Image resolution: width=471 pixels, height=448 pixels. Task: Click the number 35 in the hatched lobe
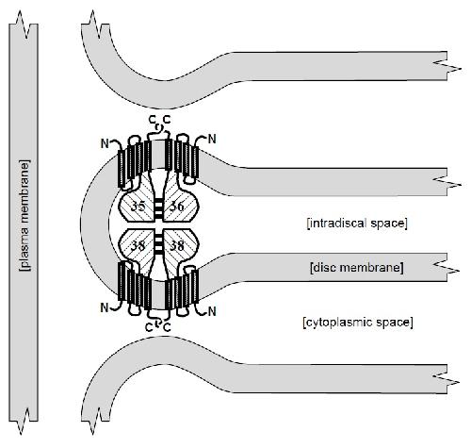138,207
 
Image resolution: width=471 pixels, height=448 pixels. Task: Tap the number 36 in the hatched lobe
177,207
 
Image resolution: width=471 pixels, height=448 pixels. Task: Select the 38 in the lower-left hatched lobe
138,245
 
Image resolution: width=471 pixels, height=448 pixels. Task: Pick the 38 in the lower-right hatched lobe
177,245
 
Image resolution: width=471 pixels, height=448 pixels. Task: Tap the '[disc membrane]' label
357,268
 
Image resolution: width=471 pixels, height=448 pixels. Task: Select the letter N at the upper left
105,143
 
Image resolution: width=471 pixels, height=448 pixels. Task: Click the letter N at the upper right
213,139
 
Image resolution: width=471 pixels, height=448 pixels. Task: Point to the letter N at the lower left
105,307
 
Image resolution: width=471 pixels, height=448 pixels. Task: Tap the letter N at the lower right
213,311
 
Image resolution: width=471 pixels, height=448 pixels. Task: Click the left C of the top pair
152,120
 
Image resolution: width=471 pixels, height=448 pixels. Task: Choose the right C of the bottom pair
168,327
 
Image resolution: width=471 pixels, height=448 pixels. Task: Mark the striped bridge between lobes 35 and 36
159,207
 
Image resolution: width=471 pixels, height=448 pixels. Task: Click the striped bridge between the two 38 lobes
159,241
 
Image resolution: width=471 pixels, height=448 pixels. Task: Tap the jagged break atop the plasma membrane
24,25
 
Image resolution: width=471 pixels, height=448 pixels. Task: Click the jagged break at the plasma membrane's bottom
24,422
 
